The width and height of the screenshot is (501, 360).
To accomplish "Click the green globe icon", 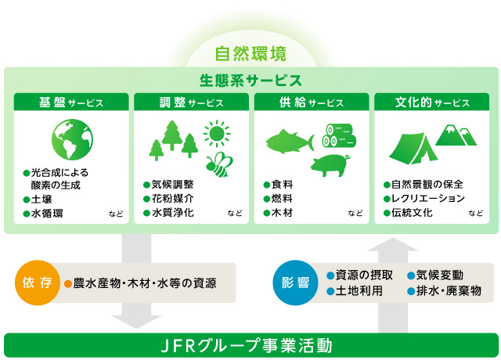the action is tap(72, 139).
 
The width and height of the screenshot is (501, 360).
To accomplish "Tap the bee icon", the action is tap(219, 164).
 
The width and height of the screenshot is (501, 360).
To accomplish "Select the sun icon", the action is tap(217, 133).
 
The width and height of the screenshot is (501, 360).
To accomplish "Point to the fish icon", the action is tap(290, 141).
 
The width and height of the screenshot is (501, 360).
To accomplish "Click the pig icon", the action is tap(330, 165).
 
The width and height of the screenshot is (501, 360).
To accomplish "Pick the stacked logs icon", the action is tap(339, 135).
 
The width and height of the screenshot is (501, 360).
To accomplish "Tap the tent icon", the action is tap(413, 149).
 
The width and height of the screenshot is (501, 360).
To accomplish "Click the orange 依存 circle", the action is tap(38, 283).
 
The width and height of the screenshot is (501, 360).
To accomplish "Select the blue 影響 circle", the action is tap(295, 283).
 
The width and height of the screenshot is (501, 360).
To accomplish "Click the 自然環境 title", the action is tap(250, 53).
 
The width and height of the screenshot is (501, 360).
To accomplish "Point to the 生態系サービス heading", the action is tap(250, 80).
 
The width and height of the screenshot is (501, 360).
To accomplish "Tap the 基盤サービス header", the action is tap(71, 103).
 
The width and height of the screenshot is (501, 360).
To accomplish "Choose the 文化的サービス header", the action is tap(431, 103).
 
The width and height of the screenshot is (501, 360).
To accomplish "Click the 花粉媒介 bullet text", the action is tap(172, 199).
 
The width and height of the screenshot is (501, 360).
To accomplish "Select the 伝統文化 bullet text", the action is tap(412, 213).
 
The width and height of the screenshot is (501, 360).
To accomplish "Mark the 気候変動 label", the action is tap(440, 275).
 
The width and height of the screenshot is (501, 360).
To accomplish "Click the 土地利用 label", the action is tap(359, 291).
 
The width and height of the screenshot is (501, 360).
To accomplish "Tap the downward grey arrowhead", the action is tap(136, 322).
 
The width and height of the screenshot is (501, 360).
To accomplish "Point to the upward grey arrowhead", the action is tap(393, 244).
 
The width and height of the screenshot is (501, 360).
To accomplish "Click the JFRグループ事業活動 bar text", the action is tap(247, 346).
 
